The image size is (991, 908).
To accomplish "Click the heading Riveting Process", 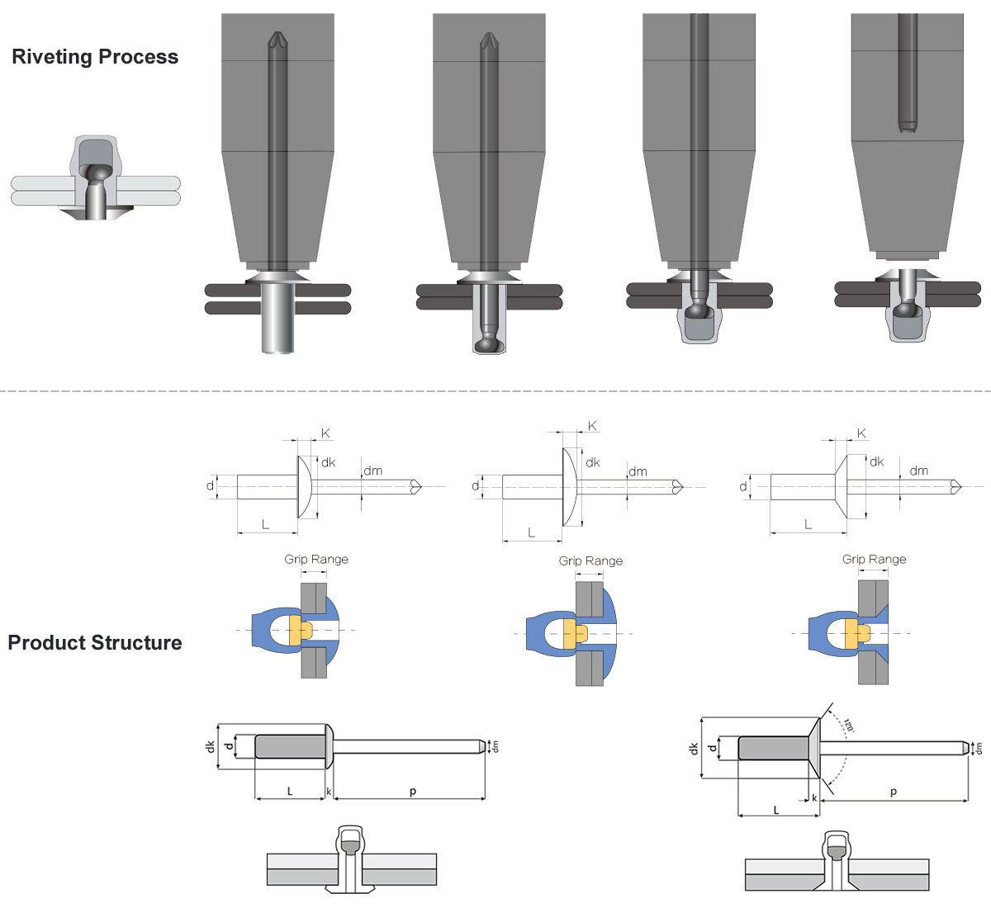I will (x=95, y=57).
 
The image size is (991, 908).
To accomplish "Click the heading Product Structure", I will (x=95, y=643).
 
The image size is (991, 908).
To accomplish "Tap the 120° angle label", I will (x=849, y=726).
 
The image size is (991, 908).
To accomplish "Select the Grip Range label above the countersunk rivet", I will (x=874, y=560).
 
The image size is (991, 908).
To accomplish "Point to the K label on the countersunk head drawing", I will (x=861, y=433).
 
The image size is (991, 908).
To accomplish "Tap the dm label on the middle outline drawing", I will (x=638, y=472).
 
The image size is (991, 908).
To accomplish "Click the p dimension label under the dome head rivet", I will (x=413, y=792).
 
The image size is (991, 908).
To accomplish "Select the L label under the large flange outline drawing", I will (x=531, y=533).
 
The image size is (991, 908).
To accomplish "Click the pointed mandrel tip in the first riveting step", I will (x=277, y=39).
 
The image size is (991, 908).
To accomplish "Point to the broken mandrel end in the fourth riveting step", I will (x=908, y=126).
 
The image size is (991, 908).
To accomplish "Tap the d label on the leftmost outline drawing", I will (x=210, y=486).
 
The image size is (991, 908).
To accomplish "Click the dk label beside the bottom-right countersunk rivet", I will (x=694, y=749).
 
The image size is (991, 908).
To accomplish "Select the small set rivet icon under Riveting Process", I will (x=96, y=177).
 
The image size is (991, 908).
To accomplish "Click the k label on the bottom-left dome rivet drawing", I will (x=329, y=792).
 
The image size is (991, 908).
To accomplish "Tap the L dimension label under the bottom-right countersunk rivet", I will (x=776, y=811).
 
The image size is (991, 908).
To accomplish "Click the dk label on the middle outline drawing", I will (x=593, y=463).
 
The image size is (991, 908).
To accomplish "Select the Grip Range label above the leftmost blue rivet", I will (x=316, y=560).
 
